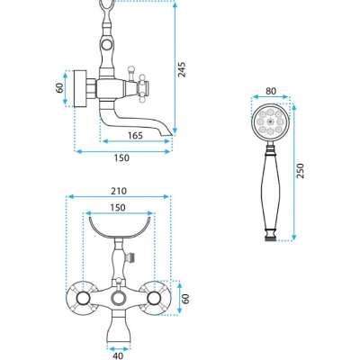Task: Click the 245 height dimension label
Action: point(182,69)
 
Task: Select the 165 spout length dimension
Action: point(135,136)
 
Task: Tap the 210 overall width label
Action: point(119,191)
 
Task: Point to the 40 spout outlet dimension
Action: point(119,356)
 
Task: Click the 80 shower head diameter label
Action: point(271,91)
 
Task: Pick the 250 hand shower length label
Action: point(300,171)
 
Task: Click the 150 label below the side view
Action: point(121,157)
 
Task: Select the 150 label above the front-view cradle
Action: point(118,208)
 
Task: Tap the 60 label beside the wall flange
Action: point(59,88)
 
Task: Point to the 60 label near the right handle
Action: point(186,299)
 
